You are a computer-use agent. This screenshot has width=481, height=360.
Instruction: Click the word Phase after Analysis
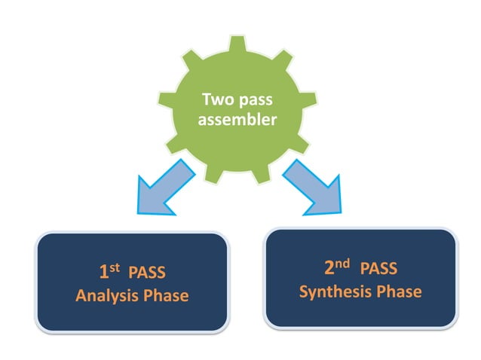(x=166, y=296)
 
